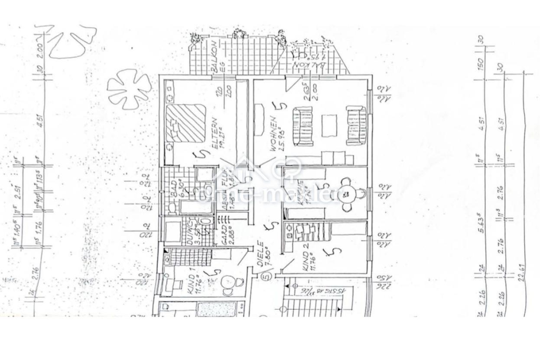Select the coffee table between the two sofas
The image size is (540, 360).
coord(329,126)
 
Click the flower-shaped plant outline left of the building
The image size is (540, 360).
coord(128,88)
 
